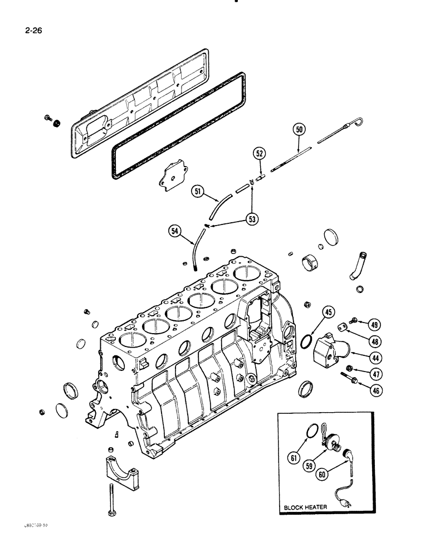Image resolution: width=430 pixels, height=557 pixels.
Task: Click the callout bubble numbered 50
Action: coord(300,130)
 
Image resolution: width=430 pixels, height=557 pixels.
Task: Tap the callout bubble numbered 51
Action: coord(198,192)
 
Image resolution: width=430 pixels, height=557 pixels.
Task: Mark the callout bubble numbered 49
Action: coord(374,325)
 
